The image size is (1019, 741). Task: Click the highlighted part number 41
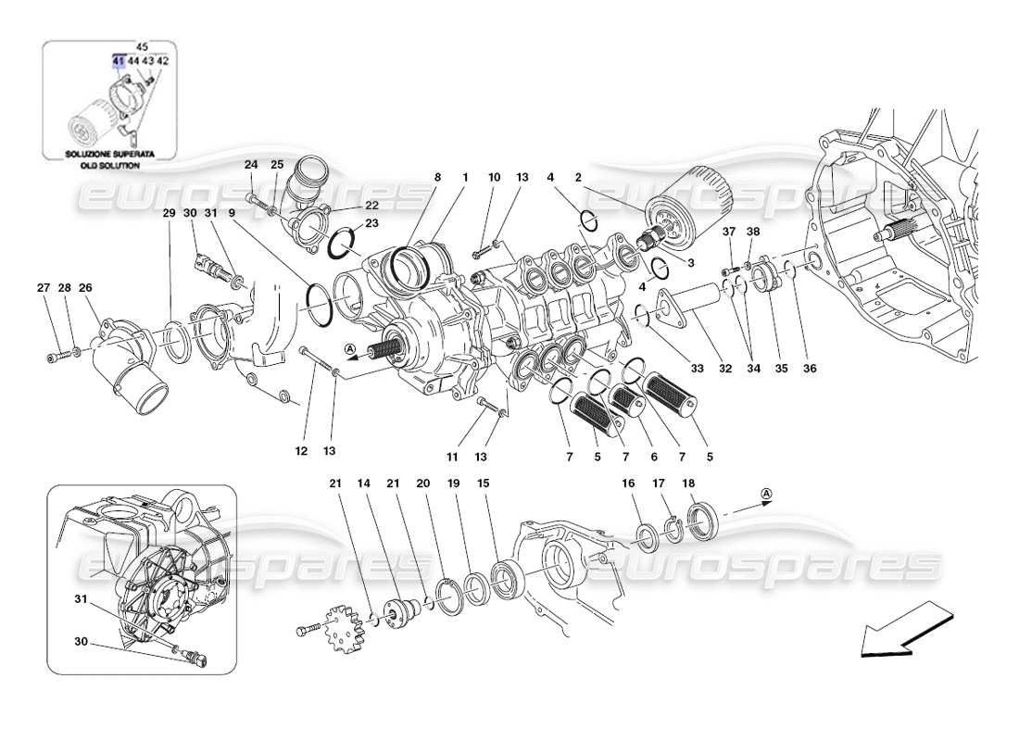pyautogui.click(x=118, y=60)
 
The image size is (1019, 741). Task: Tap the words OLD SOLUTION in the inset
pyautogui.click(x=108, y=166)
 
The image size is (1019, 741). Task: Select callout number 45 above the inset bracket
pyautogui.click(x=142, y=45)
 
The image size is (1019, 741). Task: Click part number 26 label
pyautogui.click(x=85, y=288)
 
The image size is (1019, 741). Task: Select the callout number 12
pyautogui.click(x=301, y=451)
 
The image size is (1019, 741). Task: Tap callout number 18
pyautogui.click(x=689, y=484)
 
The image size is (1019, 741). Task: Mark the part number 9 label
pyautogui.click(x=232, y=213)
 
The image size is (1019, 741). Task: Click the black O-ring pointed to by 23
pyautogui.click(x=345, y=244)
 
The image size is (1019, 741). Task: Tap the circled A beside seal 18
pyautogui.click(x=767, y=495)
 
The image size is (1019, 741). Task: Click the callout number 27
pyautogui.click(x=43, y=288)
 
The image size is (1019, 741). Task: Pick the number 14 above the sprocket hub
pyautogui.click(x=363, y=484)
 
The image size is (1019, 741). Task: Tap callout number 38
pyautogui.click(x=752, y=232)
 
